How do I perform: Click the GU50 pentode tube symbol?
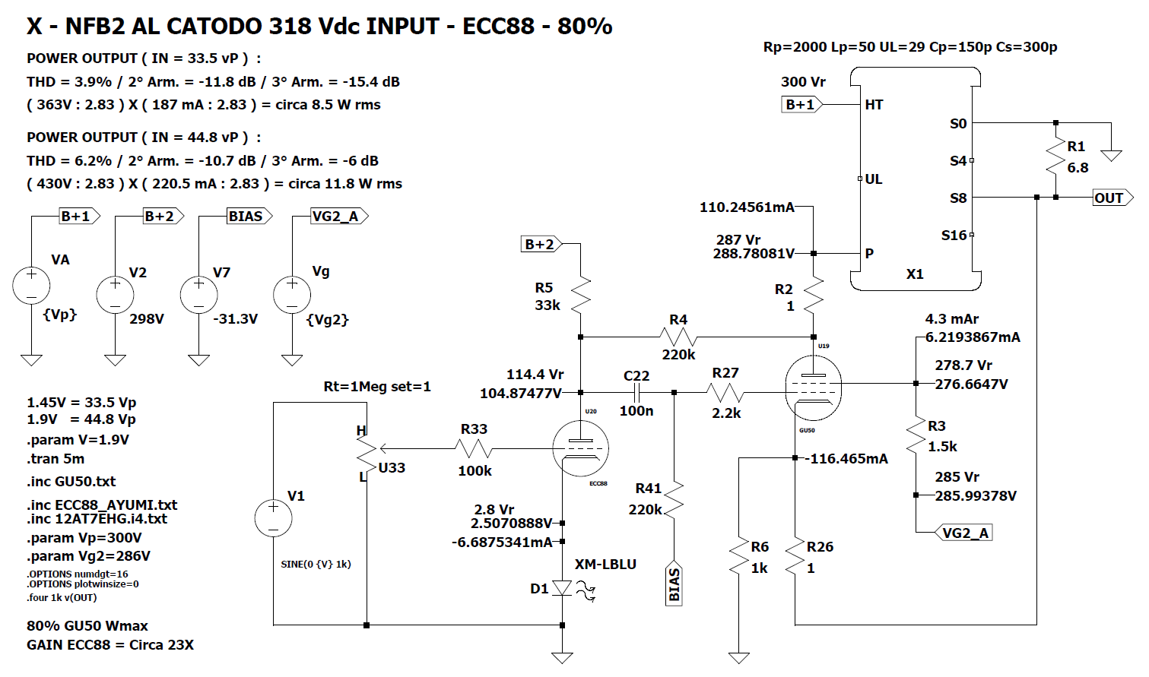(x=813, y=388)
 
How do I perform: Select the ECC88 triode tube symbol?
(x=580, y=448)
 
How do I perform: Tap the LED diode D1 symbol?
(x=562, y=588)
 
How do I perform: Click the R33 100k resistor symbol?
(x=475, y=448)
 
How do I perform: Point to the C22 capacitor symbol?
(x=636, y=392)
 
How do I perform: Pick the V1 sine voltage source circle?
(x=273, y=518)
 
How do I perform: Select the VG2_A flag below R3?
(x=964, y=533)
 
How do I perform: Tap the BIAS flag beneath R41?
(x=674, y=584)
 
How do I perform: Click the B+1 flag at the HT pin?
(x=801, y=104)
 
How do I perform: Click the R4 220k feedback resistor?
(x=678, y=337)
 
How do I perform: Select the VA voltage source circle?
(x=31, y=286)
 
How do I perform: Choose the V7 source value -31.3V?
(x=235, y=319)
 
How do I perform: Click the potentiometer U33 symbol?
(x=367, y=454)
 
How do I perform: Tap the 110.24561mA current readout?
(x=747, y=207)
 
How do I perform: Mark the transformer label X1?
(x=915, y=274)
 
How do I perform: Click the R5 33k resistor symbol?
(x=580, y=296)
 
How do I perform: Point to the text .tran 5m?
(x=56, y=459)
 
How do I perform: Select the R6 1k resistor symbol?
(x=738, y=558)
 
